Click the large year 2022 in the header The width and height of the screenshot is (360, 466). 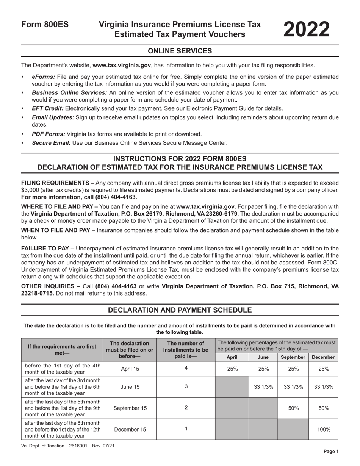pos(307,29)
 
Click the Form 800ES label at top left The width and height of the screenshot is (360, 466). pos(45,25)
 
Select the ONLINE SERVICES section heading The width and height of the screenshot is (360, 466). pos(180,51)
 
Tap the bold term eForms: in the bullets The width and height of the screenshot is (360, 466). pos(44,77)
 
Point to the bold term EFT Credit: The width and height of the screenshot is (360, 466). pos(48,108)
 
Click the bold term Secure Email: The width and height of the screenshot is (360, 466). pos(51,143)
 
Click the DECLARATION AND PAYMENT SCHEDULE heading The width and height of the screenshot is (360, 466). pos(180,310)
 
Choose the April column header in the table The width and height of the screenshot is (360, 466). pos(232,357)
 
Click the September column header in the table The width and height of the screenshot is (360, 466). pos(293,357)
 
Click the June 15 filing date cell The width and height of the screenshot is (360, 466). pos(130,387)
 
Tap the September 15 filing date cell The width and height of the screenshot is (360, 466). pos(130,408)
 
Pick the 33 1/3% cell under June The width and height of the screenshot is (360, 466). pos(263,387)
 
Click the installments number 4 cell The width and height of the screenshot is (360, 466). pos(186,368)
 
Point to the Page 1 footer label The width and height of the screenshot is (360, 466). pos(330,452)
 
